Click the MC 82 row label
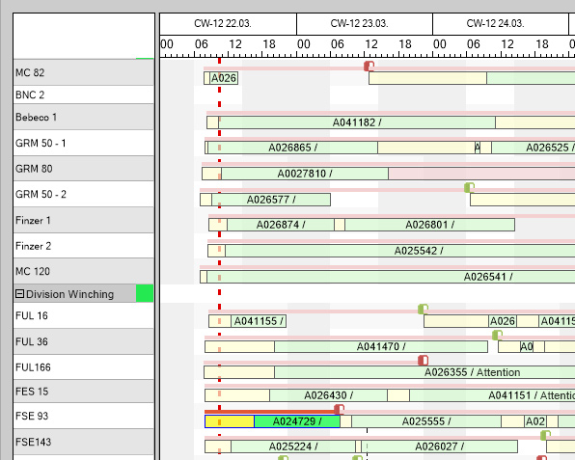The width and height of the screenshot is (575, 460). [30, 73]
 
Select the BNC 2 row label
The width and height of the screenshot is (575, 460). [30, 95]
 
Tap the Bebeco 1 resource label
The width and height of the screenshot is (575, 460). [37, 118]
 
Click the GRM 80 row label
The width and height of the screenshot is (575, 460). [34, 169]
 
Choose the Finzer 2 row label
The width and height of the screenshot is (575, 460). [34, 247]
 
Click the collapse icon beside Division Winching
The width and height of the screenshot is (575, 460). [19, 294]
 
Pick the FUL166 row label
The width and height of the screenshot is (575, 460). [33, 367]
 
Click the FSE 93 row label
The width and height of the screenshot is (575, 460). [32, 417]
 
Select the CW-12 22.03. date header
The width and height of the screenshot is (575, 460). [222, 22]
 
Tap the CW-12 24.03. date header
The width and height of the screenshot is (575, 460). [494, 22]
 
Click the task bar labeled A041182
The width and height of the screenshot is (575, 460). [356, 122]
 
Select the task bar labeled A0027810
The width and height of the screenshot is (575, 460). [304, 174]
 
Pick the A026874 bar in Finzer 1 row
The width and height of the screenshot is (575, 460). [280, 225]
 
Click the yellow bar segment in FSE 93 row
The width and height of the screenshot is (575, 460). [230, 421]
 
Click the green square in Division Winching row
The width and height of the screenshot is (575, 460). [145, 293]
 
